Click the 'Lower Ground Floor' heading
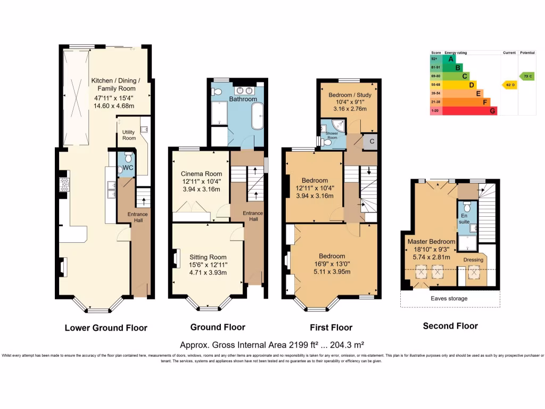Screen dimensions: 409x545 coord(106,328)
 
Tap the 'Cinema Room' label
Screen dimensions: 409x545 coord(201,174)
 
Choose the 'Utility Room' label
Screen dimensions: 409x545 coord(129,135)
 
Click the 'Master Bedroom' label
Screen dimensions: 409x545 coord(432,241)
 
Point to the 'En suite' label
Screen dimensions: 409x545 coord(466,219)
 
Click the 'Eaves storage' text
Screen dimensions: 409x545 coord(449,299)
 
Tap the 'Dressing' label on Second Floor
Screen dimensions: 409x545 coord(473,260)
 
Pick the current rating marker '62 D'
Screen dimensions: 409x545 coord(508,85)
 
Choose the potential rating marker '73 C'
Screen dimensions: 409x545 coord(527,76)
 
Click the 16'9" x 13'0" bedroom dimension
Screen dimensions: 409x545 coord(332,264)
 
